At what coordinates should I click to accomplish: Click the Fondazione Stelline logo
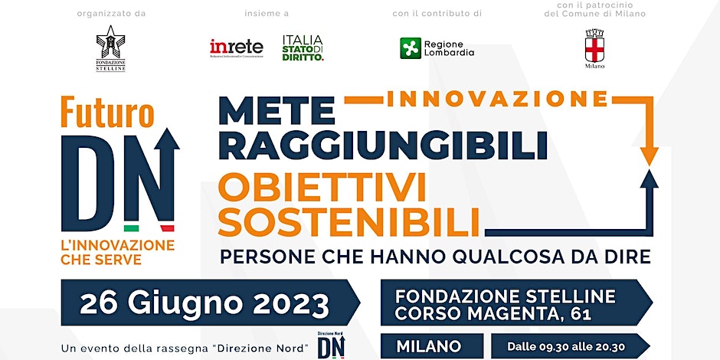(110, 48)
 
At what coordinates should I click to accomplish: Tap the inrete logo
(237, 48)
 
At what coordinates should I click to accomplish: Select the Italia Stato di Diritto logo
(303, 47)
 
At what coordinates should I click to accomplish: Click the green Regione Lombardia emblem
(411, 48)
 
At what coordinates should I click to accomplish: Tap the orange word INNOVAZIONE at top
(498, 99)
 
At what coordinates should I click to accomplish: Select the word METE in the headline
(277, 112)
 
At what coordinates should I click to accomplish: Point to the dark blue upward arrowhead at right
(650, 179)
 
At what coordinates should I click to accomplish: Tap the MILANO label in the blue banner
(428, 346)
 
